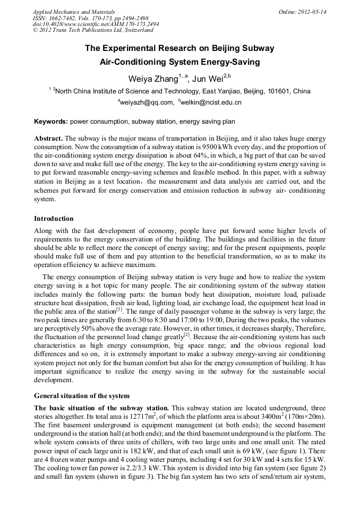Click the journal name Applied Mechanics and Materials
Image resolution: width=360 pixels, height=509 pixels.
tap(67, 12)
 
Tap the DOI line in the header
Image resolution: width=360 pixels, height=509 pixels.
tap(96, 24)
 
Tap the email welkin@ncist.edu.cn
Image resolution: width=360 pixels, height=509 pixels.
tap(211, 102)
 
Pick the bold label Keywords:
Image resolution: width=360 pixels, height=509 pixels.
tap(51, 122)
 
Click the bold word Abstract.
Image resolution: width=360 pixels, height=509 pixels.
tap(48, 138)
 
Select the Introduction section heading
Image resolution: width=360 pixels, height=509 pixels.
tap(54, 218)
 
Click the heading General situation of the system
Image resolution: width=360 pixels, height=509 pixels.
tap(82, 395)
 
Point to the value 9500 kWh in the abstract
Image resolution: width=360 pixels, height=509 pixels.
tap(247, 146)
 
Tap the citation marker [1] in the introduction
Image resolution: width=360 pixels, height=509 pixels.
tap(119, 309)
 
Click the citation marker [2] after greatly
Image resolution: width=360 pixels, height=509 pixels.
tap(186, 334)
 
